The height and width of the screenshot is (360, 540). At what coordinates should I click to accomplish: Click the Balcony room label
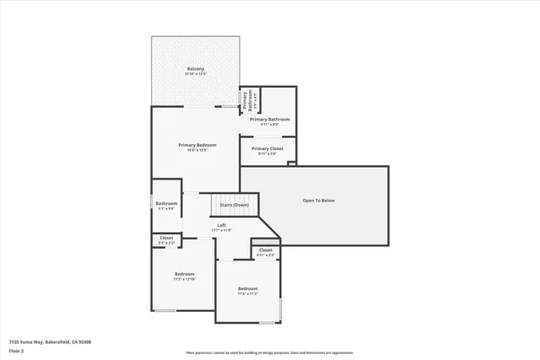pyautogui.click(x=195, y=68)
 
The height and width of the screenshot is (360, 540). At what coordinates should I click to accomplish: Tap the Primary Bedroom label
pyautogui.click(x=197, y=144)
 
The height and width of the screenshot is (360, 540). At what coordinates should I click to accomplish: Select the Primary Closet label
pyautogui.click(x=267, y=148)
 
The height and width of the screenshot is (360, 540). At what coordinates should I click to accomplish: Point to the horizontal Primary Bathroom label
pyautogui.click(x=270, y=119)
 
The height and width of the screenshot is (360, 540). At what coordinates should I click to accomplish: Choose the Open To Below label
pyautogui.click(x=319, y=200)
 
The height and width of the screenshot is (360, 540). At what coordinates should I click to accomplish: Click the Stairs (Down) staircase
pyautogui.click(x=234, y=205)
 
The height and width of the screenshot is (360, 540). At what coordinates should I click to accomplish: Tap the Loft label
pyautogui.click(x=221, y=225)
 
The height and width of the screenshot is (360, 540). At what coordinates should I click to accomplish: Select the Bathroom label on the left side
pyautogui.click(x=166, y=203)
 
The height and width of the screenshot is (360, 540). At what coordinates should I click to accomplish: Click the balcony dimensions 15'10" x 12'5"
pyautogui.click(x=195, y=74)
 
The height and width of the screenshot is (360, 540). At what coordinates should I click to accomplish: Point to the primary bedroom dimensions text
pyautogui.click(x=197, y=150)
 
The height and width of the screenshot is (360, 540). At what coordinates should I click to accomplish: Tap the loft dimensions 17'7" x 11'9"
pyautogui.click(x=221, y=230)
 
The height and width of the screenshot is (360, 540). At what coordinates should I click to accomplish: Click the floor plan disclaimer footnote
pyautogui.click(x=270, y=353)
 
